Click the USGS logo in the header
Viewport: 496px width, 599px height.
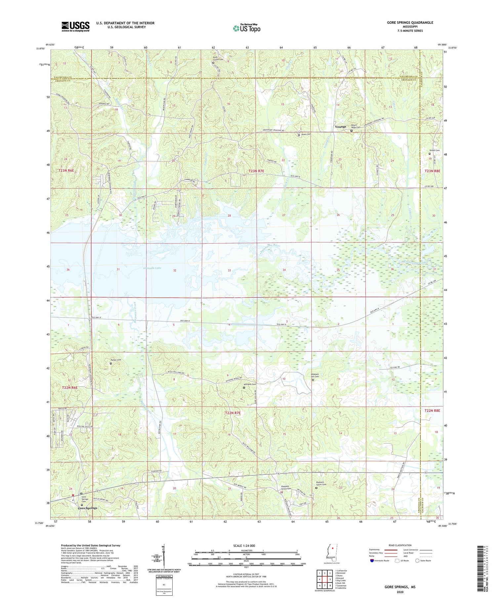tap(75, 26)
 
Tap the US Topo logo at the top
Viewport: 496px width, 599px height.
tap(246, 28)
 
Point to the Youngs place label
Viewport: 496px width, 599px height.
tap(340, 127)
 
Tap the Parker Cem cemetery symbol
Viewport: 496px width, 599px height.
tap(111, 363)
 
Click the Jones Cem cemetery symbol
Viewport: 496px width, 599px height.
tap(299, 135)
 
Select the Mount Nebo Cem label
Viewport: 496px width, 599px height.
tap(355, 126)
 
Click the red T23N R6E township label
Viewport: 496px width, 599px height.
tap(66, 170)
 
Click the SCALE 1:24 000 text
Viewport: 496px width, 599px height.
tap(244, 545)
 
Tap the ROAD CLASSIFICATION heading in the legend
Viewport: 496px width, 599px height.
tap(400, 545)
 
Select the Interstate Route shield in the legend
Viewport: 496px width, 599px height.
tap(372, 561)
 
